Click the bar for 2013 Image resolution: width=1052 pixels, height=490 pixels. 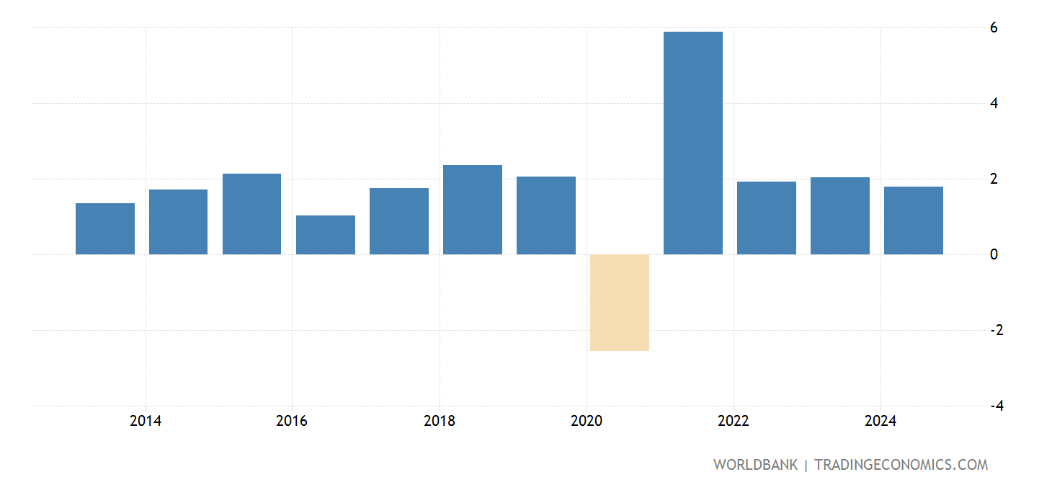point(105,228)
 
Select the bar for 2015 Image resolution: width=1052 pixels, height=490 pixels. point(252,214)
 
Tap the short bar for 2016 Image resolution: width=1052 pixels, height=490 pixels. point(326,235)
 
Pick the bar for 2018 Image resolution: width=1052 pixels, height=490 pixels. point(473,210)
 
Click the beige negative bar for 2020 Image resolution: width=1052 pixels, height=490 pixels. point(620,303)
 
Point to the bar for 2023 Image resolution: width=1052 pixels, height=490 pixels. point(840,215)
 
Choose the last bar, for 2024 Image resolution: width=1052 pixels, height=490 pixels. point(914,220)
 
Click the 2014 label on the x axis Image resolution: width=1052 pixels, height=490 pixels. point(146,421)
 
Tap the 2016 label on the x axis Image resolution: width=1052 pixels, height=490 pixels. point(291,421)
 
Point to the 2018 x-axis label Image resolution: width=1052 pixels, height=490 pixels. point(440,421)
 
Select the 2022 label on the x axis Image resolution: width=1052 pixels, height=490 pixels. point(734,421)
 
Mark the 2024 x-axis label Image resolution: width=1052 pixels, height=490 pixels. point(881,421)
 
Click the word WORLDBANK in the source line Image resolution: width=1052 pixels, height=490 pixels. point(755,465)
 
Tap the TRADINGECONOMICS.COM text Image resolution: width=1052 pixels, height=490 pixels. point(901,465)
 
